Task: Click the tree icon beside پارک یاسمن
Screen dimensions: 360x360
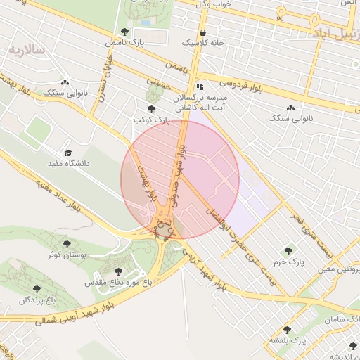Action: point(125,32)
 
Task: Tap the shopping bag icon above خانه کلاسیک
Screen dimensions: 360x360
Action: point(203,32)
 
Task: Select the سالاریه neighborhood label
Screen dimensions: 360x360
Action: point(27,50)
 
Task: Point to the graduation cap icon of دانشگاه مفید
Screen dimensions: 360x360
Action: point(68,153)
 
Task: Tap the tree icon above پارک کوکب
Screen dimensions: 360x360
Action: point(151,109)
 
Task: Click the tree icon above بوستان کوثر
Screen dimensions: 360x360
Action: point(67,244)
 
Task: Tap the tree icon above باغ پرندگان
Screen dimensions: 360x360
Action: point(36,289)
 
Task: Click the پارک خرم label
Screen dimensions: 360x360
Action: point(289,262)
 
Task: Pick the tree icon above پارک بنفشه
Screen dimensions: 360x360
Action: point(286,330)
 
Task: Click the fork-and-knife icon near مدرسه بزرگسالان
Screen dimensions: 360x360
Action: point(200,86)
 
